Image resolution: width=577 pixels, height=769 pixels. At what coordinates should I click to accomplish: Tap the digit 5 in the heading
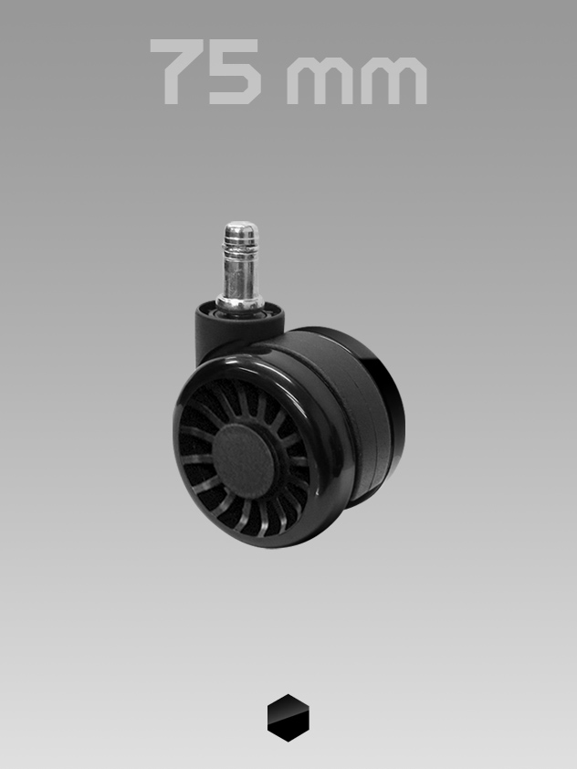click(x=235, y=71)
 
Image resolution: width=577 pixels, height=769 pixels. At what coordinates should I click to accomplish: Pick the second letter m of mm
click(x=394, y=80)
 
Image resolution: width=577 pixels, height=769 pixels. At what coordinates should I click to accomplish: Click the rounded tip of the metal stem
click(x=241, y=226)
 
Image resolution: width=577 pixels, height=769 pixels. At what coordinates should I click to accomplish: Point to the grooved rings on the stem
click(x=241, y=244)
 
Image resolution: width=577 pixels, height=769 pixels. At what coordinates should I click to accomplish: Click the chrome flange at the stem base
click(x=241, y=304)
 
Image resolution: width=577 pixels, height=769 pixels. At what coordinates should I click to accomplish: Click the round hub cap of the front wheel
click(x=244, y=461)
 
